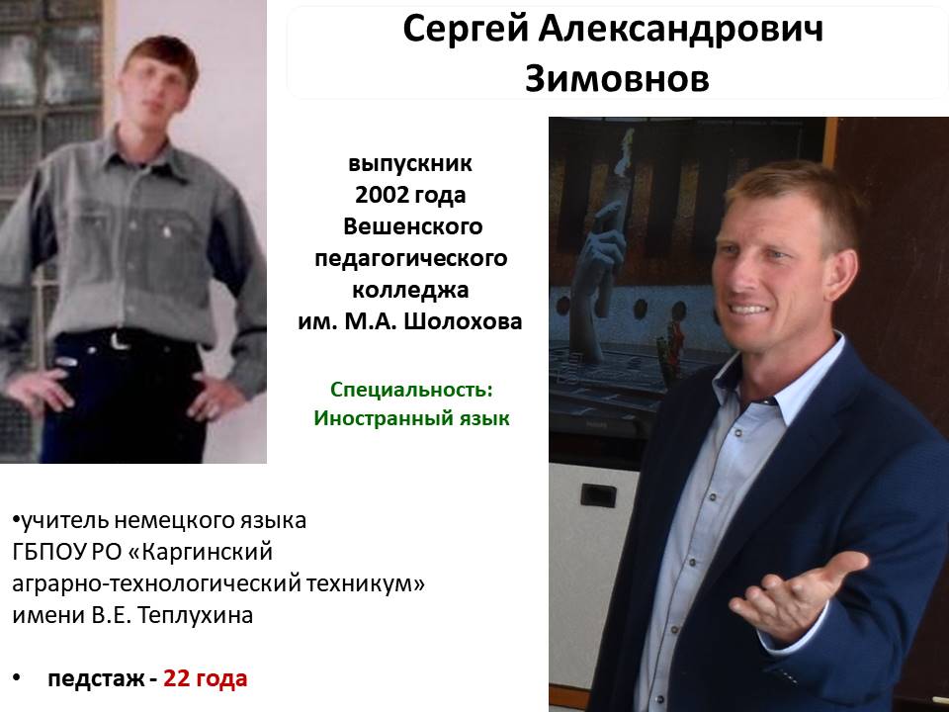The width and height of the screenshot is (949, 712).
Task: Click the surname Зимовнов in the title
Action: click(x=617, y=79)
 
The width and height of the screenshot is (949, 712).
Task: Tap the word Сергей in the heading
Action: click(x=466, y=29)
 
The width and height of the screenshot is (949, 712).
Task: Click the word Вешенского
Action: click(x=413, y=226)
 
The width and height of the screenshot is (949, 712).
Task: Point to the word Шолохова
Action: click(x=463, y=320)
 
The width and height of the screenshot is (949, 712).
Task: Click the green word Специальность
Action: click(x=411, y=390)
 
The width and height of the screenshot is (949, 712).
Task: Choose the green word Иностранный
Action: click(x=382, y=418)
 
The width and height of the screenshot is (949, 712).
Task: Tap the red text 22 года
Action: click(x=206, y=678)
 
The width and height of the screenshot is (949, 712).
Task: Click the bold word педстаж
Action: click(x=96, y=679)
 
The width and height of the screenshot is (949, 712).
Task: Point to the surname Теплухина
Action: click(x=196, y=615)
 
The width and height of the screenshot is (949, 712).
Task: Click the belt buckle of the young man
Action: click(x=119, y=340)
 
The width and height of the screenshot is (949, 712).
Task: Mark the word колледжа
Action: click(x=410, y=290)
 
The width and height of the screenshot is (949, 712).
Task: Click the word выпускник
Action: click(x=410, y=163)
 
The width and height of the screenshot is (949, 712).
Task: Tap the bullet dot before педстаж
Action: click(x=17, y=678)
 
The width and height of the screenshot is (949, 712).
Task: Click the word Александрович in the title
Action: click(x=681, y=29)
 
